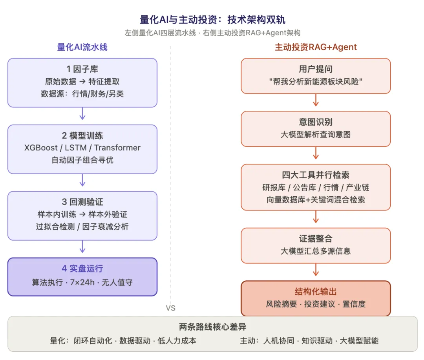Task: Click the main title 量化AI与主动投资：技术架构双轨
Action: (212, 20)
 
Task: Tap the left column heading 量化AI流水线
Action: (82, 47)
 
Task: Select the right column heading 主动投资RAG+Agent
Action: (316, 47)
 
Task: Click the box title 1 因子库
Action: (82, 69)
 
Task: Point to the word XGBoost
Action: (41, 148)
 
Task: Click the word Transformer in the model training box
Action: (117, 148)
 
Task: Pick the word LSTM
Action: (76, 148)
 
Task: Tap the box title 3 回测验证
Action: (82, 202)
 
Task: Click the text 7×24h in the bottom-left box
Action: (82, 282)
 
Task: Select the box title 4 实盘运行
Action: (82, 268)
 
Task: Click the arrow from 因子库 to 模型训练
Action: (82, 113)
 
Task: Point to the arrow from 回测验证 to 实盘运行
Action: (82, 247)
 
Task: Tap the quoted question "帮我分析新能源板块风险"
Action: (316, 81)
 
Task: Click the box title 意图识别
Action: (316, 122)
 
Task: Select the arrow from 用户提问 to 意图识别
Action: (316, 100)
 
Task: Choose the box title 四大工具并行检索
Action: (316, 175)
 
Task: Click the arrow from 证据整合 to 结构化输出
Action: (316, 270)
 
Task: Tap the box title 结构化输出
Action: (316, 292)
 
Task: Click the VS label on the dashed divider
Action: (171, 308)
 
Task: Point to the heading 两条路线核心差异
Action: (212, 327)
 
